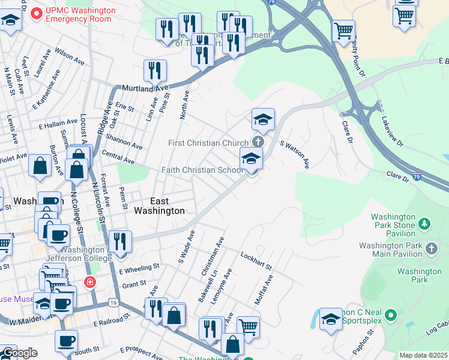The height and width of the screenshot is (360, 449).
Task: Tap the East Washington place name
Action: pos(159,206)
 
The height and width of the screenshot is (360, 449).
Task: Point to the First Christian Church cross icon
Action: pos(258,142)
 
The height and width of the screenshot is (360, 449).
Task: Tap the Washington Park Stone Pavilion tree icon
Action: pos(425,224)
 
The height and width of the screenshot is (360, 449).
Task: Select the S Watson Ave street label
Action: pos(295,154)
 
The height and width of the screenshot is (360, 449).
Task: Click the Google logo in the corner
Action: pos(19,352)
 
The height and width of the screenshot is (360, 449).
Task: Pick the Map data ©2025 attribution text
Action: pos(423,355)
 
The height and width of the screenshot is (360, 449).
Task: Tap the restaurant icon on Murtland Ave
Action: pos(155,71)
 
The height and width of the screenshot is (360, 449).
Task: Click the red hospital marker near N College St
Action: pos(90,281)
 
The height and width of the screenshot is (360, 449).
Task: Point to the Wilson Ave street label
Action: pos(70,58)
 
